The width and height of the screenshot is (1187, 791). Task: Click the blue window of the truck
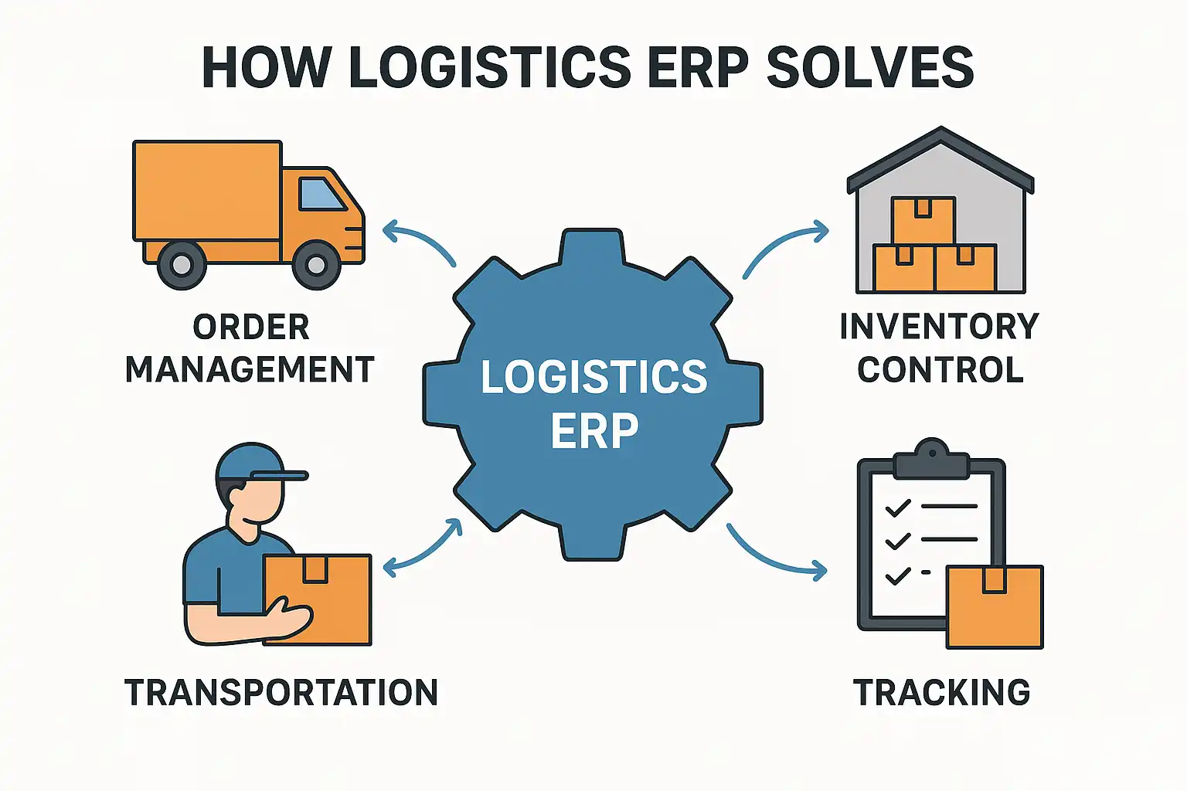pos(321,194)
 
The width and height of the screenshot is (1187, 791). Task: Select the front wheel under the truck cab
pos(317,265)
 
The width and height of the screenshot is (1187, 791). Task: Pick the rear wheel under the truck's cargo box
pos(182,265)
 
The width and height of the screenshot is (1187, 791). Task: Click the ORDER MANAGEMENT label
pos(250,348)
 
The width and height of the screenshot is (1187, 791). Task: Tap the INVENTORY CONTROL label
pos(940,348)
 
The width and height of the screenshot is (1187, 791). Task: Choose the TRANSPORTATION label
pos(281,693)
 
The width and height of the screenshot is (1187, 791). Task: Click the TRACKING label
pos(941,693)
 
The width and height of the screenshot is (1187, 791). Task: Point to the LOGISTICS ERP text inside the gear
pos(593,402)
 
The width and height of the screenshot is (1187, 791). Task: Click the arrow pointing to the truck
pos(417,241)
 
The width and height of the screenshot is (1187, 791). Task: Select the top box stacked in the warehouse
pos(923,220)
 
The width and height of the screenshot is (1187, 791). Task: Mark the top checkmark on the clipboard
pos(898,508)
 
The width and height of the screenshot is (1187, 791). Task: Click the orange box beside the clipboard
pos(995,607)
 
